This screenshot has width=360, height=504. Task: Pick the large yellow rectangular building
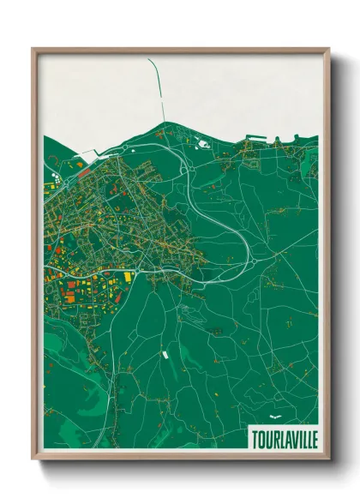pyautogui.click(x=129, y=277)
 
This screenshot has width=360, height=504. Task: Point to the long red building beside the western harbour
pyautogui.click(x=84, y=172)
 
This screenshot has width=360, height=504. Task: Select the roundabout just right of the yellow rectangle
pyautogui.click(x=141, y=276)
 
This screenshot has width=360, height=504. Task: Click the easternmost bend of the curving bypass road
pyautogui.click(x=249, y=249)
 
